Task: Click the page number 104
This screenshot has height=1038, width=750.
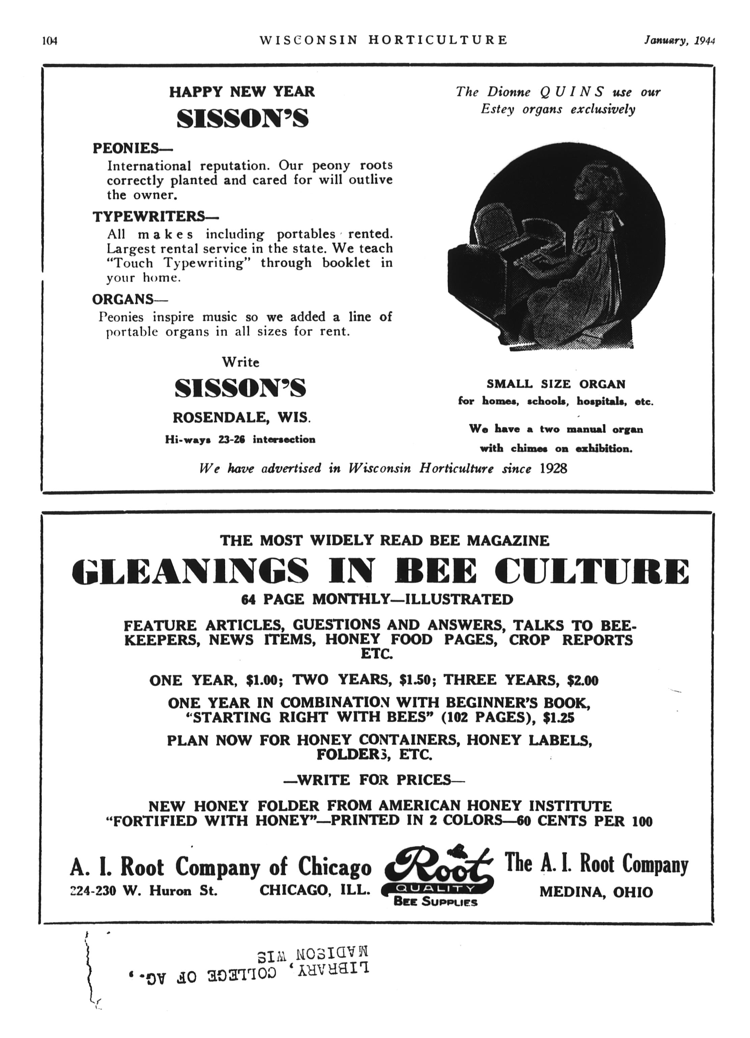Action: pyautogui.click(x=49, y=41)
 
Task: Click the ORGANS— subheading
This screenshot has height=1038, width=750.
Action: pyautogui.click(x=130, y=299)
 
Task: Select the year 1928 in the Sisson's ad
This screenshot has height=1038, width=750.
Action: pyautogui.click(x=553, y=469)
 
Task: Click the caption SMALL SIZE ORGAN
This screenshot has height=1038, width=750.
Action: pyautogui.click(x=556, y=384)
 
